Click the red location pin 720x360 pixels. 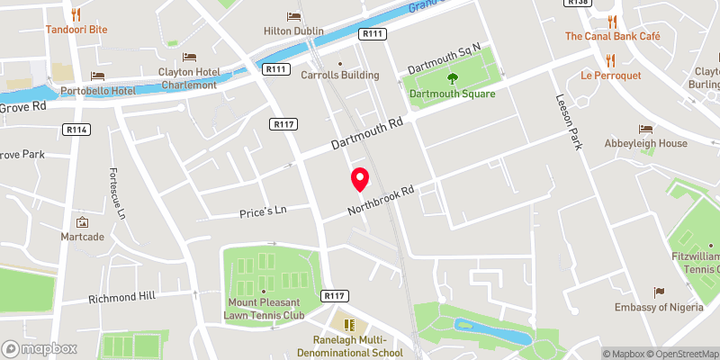(359, 179)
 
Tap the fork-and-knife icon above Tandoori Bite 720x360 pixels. (76, 14)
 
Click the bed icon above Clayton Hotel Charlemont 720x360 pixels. (189, 58)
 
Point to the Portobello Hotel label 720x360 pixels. (98, 91)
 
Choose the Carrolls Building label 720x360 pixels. (339, 76)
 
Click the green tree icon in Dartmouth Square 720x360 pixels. (453, 79)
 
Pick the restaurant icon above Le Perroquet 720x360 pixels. (611, 59)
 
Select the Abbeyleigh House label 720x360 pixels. (645, 143)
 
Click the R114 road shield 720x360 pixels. (76, 130)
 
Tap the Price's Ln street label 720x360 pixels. (262, 211)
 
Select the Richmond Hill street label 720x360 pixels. (121, 296)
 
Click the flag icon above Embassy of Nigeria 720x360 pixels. (659, 292)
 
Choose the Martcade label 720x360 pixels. (83, 237)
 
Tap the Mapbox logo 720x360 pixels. (40, 348)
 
